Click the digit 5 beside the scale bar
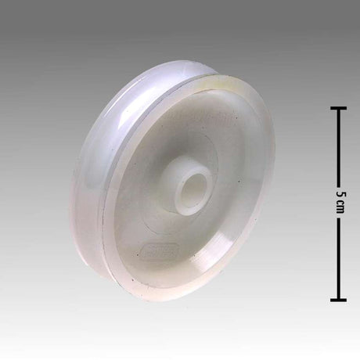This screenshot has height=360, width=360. point(339,193)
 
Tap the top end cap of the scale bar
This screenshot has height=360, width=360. point(339,107)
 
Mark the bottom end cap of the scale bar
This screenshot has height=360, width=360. point(339,300)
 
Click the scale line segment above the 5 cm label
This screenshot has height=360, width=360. point(339,145)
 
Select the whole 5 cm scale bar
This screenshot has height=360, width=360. point(339,203)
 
